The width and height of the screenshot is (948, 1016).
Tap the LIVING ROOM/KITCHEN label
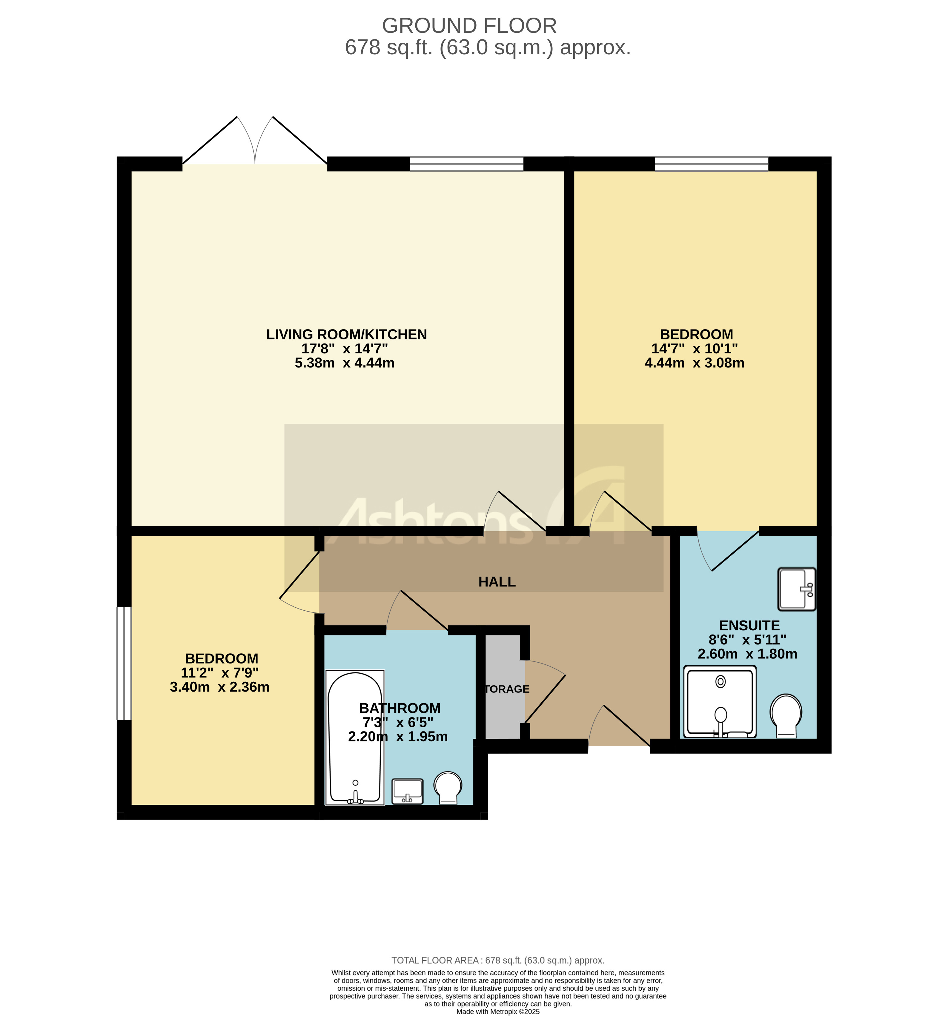click(x=346, y=334)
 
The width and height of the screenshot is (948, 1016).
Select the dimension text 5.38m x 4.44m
click(x=344, y=363)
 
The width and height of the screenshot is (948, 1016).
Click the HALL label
click(x=497, y=582)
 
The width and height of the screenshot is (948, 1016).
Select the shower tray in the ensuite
click(x=720, y=702)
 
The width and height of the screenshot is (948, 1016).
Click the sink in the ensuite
click(x=796, y=589)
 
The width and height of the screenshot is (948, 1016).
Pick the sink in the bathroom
click(x=407, y=791)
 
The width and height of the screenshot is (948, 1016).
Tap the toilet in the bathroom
click(x=448, y=787)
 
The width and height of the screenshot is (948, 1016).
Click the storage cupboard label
click(x=506, y=689)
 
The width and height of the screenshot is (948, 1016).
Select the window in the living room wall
click(x=466, y=164)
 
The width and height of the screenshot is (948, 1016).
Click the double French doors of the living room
click(x=255, y=148)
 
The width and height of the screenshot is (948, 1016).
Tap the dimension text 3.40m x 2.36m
click(x=219, y=687)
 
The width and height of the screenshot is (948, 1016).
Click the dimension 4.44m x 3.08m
click(x=694, y=363)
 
